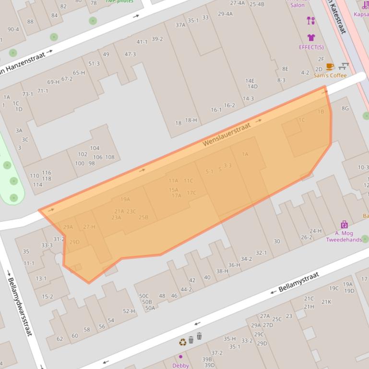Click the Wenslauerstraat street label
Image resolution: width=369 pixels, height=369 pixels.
[226, 135]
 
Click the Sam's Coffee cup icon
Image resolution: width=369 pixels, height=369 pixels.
[330, 67]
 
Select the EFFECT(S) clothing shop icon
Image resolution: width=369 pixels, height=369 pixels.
[311, 37]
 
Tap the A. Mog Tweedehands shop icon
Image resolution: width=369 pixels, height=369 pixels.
[344, 224]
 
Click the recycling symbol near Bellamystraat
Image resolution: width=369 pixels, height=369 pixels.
[183, 342]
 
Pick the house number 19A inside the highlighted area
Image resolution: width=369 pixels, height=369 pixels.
[125, 199]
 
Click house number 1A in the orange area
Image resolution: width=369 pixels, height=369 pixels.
[245, 154]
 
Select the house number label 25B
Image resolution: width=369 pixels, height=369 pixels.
[143, 218]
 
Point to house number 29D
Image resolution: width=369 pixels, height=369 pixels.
[74, 242]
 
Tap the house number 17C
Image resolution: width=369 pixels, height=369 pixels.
[191, 193]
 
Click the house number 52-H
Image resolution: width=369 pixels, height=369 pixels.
[129, 311]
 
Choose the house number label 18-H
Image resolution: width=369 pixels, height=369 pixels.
[191, 120]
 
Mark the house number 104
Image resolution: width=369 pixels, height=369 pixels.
[95, 148]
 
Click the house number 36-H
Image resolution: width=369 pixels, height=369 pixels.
[234, 265]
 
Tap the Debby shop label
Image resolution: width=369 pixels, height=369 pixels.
[180, 365]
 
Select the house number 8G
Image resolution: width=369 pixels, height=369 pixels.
[345, 108]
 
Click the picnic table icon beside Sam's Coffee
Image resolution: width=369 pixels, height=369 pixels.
[344, 66]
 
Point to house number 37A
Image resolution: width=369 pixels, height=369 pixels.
[180, 25]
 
